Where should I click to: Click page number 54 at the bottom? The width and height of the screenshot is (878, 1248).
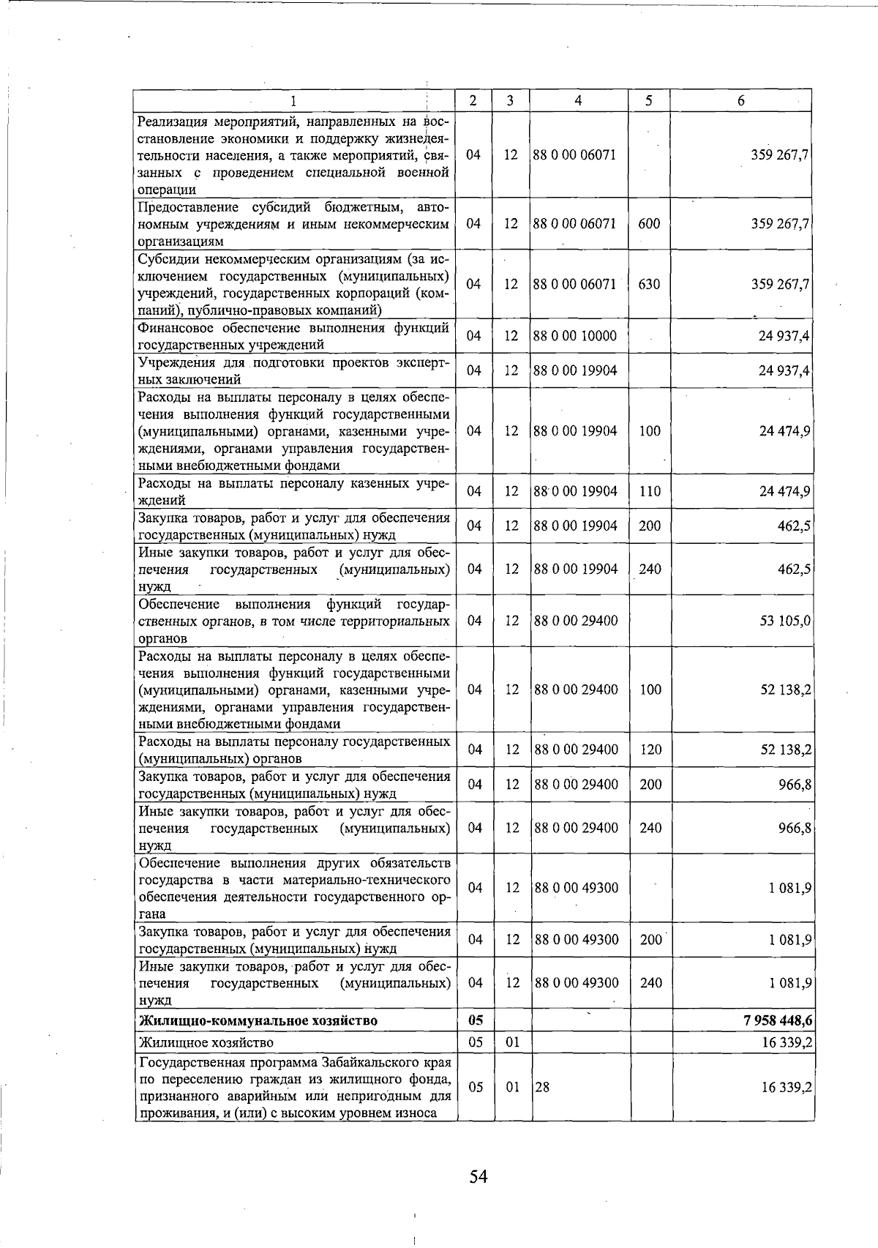tap(479, 1176)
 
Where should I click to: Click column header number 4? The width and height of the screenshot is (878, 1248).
tap(578, 101)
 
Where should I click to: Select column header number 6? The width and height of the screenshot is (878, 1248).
tap(740, 101)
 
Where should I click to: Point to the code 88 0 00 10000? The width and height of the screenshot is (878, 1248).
tap(576, 336)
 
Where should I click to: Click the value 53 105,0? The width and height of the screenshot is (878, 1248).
tap(786, 621)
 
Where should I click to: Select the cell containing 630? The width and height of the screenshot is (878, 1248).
tap(649, 284)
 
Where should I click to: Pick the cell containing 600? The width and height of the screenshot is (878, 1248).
tap(649, 223)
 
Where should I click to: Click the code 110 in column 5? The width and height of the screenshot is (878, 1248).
tap(650, 491)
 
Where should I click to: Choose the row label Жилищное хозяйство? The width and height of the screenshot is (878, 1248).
tap(206, 1042)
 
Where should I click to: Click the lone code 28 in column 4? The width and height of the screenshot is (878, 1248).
tap(542, 1088)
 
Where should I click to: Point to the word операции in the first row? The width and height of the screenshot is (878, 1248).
tap(167, 190)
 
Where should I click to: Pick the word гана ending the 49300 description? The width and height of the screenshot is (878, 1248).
tap(152, 914)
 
